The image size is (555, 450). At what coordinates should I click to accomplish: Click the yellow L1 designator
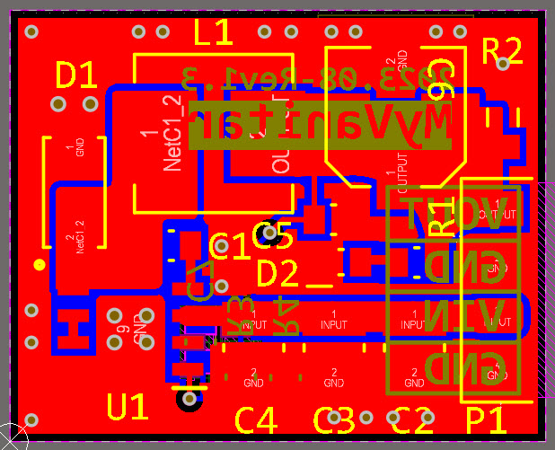pyautogui.click(x=214, y=33)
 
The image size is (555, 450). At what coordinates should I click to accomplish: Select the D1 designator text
pyautogui.click(x=76, y=75)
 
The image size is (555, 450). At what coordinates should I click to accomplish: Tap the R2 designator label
pyautogui.click(x=502, y=50)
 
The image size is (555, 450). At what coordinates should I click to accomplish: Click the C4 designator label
pyautogui.click(x=256, y=419)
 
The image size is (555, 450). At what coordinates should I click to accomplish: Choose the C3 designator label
pyautogui.click(x=334, y=419)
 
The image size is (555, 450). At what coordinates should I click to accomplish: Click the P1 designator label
pyautogui.click(x=486, y=419)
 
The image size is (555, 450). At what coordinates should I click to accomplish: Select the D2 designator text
pyautogui.click(x=277, y=272)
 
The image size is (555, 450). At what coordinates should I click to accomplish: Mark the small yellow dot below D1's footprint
pyautogui.click(x=39, y=264)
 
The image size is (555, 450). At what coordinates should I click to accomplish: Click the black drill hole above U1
pyautogui.click(x=189, y=399)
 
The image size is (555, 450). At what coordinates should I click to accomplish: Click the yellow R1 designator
pyautogui.click(x=441, y=218)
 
